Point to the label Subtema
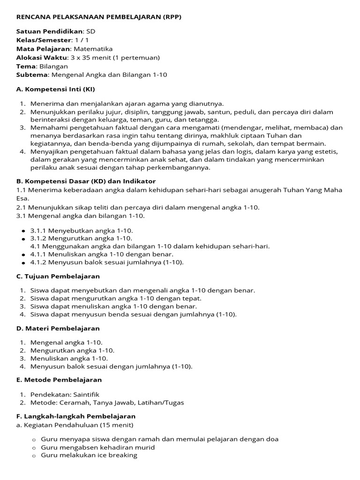click(31, 75)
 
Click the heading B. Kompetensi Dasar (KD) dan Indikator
click(86, 181)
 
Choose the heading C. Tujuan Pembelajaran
click(58, 277)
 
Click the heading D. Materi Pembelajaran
click(58, 329)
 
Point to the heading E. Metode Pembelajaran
click(59, 380)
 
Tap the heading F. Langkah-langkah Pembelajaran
click(76, 416)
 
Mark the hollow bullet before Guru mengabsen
click(34, 448)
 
